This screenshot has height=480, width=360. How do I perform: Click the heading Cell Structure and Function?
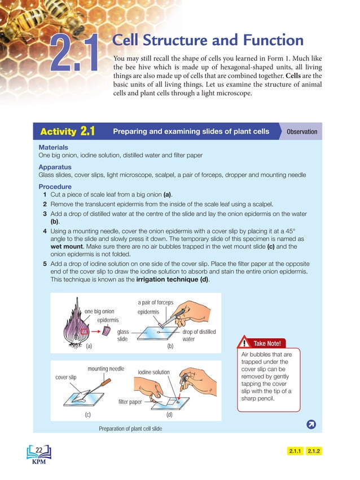208,41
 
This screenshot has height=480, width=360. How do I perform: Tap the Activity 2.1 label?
67,132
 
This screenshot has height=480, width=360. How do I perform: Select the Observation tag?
302,132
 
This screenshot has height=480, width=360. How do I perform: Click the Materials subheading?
53,147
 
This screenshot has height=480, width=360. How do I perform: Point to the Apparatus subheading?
55,167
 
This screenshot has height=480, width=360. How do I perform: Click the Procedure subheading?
55,187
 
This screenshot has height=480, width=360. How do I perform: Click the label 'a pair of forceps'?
155,302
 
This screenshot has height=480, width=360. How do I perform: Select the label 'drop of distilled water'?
199,336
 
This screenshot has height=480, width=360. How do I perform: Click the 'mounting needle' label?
106,369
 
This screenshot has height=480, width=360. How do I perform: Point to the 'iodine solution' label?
153,372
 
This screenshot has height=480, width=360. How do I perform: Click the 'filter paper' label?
130,402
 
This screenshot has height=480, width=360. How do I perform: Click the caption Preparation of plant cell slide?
130,429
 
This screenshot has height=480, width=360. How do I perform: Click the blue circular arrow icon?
310,424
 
